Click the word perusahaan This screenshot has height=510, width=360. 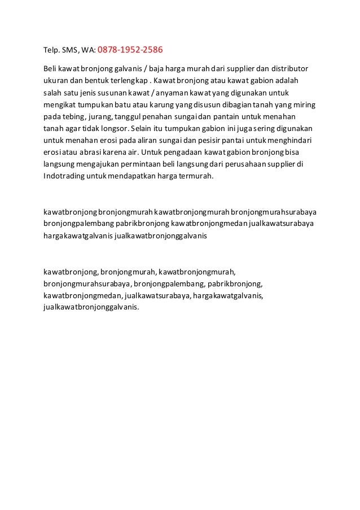(x=238, y=165)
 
